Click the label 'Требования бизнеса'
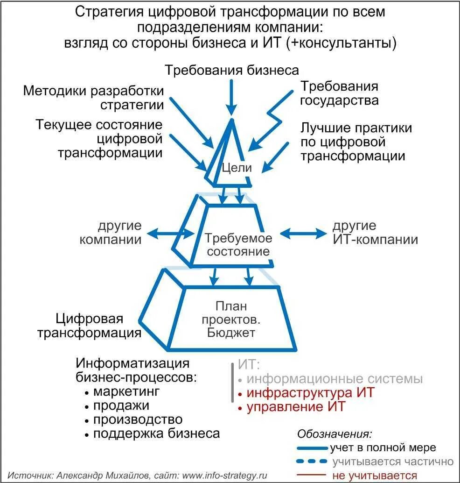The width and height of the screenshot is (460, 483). pyautogui.click(x=231, y=71)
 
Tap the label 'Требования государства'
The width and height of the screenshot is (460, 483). pyautogui.click(x=339, y=93)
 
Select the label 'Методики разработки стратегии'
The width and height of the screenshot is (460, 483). pyautogui.click(x=94, y=97)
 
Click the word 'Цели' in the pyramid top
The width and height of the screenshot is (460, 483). pyautogui.click(x=236, y=168)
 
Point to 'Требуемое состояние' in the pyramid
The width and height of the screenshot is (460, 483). pyautogui.click(x=238, y=244)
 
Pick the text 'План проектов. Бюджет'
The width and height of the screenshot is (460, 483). pyautogui.click(x=231, y=320)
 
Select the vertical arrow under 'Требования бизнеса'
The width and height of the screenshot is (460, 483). pyautogui.click(x=231, y=96)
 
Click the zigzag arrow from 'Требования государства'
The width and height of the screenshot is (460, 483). pyautogui.click(x=273, y=117)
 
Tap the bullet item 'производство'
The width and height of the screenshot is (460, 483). pyautogui.click(x=137, y=419)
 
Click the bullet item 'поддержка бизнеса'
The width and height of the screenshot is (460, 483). pyautogui.click(x=156, y=433)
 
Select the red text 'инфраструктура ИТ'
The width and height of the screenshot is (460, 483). pyautogui.click(x=310, y=392)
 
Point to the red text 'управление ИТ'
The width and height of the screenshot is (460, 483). pyautogui.click(x=296, y=406)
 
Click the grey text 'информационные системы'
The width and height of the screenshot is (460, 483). pyautogui.click(x=335, y=378)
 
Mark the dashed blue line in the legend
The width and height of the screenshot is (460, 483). pyautogui.click(x=312, y=462)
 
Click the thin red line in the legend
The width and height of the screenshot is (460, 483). pyautogui.click(x=312, y=476)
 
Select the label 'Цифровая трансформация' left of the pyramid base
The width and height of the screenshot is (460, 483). pyautogui.click(x=89, y=326)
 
